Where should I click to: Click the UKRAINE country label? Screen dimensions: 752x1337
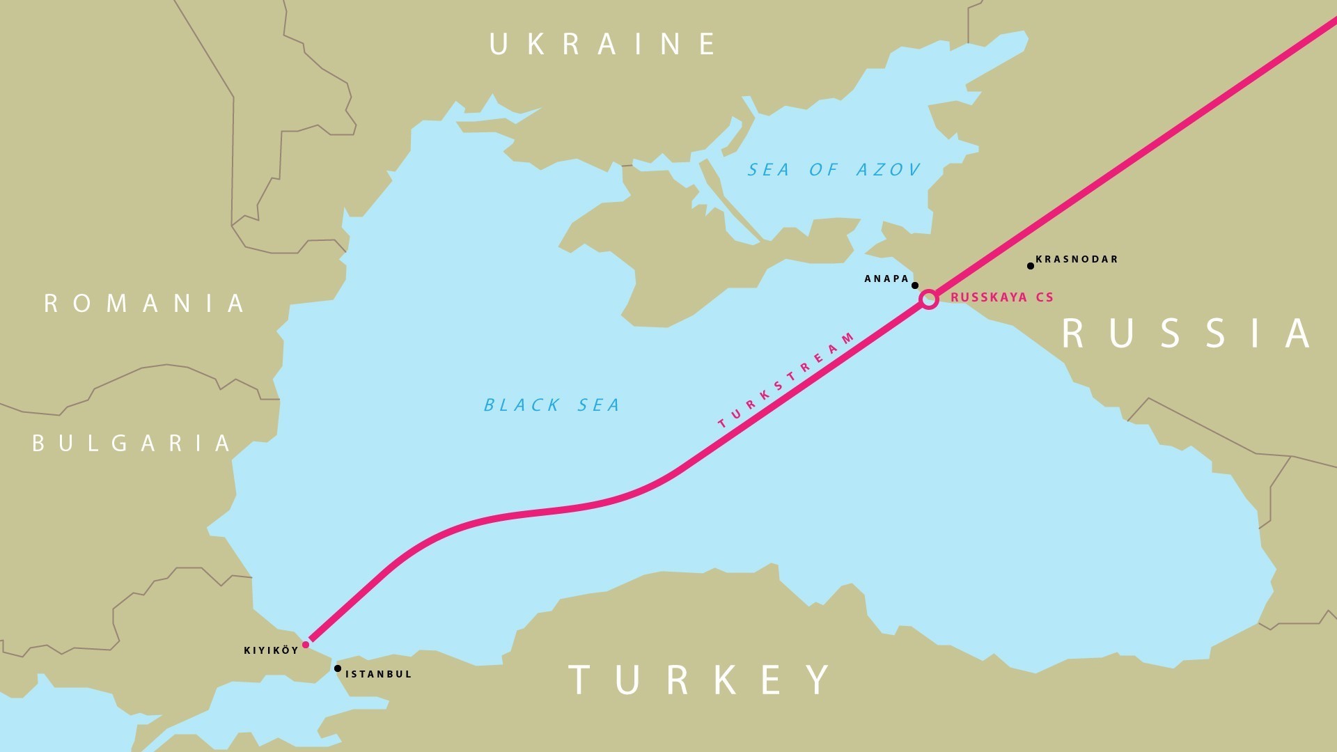[603, 44]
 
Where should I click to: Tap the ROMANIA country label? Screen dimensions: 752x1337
[145, 304]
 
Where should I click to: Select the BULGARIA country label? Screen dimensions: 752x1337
[132, 444]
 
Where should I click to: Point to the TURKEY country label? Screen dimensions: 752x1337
[701, 680]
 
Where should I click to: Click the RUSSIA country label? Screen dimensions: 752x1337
[1187, 334]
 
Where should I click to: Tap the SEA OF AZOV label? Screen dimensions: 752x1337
[834, 170]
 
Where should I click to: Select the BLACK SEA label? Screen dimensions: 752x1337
[552, 405]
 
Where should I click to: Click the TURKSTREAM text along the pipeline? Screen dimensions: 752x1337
[785, 381]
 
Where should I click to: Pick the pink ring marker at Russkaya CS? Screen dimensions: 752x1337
[929, 300]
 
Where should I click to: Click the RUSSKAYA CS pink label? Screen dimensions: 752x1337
[1001, 297]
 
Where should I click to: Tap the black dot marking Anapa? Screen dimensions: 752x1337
[915, 285]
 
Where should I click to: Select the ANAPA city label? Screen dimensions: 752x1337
[886, 279]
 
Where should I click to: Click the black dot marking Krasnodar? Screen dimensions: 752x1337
[1031, 266]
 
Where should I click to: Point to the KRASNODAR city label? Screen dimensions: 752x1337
[1077, 259]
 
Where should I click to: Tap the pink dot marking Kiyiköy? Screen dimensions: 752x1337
[306, 645]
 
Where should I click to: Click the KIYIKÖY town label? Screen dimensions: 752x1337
[271, 650]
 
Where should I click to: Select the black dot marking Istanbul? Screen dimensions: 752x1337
[338, 668]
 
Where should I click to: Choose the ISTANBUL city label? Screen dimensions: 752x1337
[379, 674]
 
